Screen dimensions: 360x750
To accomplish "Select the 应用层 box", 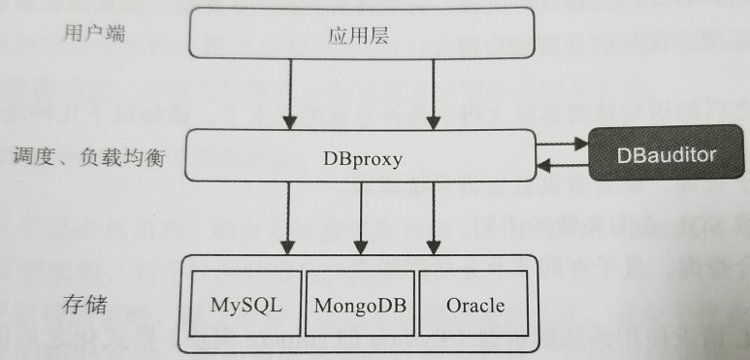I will coord(359,37).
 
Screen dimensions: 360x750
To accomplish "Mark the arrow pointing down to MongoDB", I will coord(361,219).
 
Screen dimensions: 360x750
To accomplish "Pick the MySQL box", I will coord(245,305).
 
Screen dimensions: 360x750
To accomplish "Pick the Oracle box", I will coord(475,305).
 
